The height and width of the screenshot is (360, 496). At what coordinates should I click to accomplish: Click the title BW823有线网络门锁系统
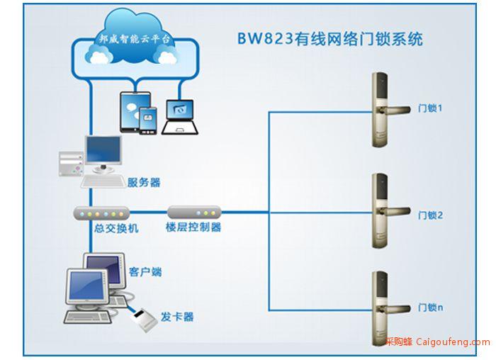[x=330, y=39]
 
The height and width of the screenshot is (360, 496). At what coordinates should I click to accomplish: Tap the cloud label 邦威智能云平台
[x=135, y=39]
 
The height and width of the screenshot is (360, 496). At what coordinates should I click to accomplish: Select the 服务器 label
[x=144, y=183]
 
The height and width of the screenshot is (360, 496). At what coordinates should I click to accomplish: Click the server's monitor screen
[x=103, y=149]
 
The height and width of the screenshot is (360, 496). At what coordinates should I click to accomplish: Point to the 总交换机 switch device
[x=101, y=213]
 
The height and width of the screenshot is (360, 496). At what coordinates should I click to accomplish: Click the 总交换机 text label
[x=116, y=228]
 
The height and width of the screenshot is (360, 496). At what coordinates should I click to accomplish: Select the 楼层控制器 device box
[x=194, y=213]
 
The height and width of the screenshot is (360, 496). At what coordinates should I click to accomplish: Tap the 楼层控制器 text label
[x=193, y=227]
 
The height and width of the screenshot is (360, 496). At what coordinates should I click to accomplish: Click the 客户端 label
[x=145, y=271]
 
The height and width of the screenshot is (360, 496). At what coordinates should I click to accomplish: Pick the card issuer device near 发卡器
[x=145, y=320]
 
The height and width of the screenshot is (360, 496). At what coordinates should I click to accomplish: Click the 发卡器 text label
[x=177, y=317]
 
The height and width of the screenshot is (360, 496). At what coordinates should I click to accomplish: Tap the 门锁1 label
[x=430, y=108]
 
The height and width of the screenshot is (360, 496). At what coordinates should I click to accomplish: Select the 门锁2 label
[x=430, y=215]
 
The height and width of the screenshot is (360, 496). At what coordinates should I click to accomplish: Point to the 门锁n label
[x=430, y=307]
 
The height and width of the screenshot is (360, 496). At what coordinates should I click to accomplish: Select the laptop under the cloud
[x=180, y=118]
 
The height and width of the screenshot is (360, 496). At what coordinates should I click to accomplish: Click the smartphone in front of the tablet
[x=148, y=121]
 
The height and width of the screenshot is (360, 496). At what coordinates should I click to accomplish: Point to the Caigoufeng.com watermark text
[x=453, y=342]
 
